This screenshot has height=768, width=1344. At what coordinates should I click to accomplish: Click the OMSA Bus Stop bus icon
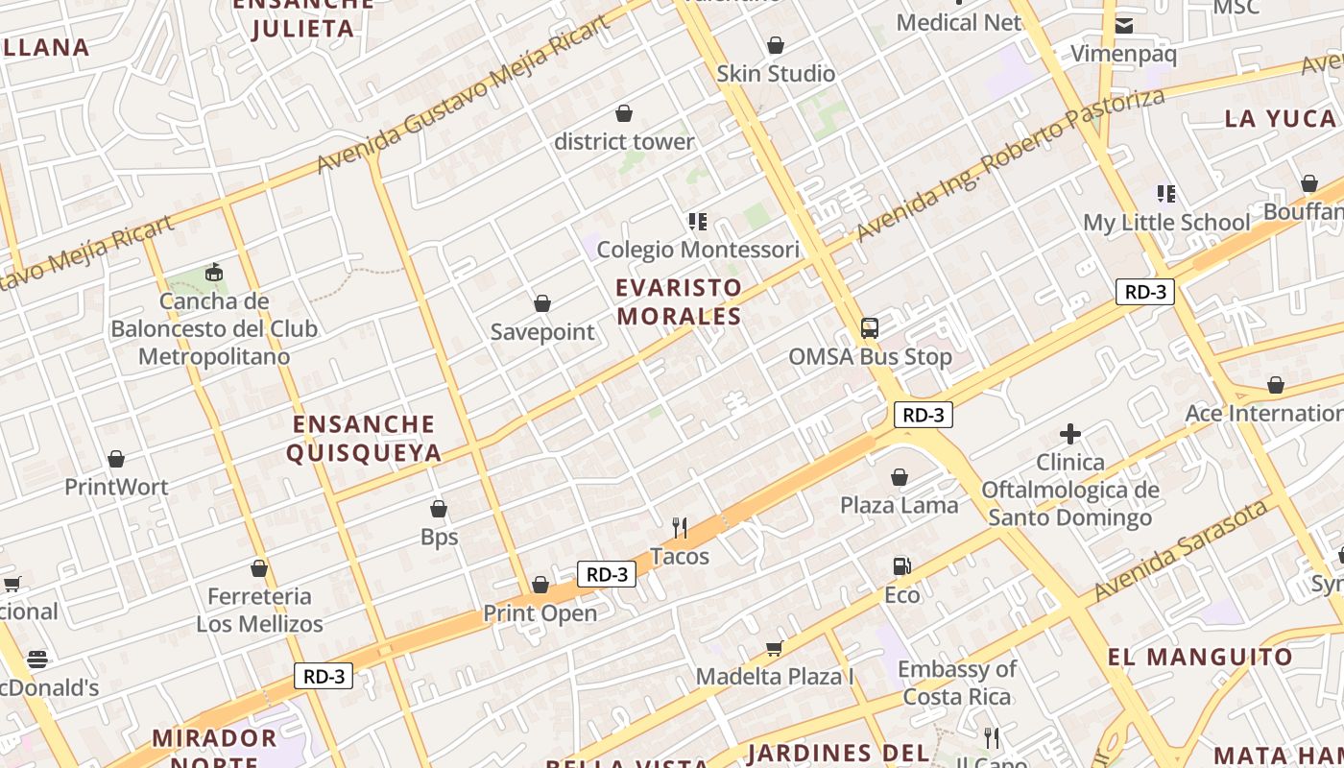coord(869,328)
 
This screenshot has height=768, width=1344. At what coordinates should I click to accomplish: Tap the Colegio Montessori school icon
coord(698,222)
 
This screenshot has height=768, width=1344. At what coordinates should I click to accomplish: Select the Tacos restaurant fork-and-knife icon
coord(680,527)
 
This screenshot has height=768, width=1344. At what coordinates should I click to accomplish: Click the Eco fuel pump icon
coord(901,566)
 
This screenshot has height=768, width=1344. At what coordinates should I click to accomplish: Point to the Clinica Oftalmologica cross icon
coord(1070,434)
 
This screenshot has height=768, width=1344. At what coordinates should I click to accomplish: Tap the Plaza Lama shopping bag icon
coord(900,477)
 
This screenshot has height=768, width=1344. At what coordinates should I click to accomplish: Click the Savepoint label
coord(542,332)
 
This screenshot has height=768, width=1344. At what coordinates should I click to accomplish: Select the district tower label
coord(624,142)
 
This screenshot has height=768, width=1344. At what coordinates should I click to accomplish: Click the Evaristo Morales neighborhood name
coord(679,301)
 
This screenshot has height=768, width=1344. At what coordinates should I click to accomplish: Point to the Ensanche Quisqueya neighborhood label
coord(364,439)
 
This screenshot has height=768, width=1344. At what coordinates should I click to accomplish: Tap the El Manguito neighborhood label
coord(1200,658)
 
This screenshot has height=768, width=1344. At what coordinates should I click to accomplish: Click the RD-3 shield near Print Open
coord(607,574)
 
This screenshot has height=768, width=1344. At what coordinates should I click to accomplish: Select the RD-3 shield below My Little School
coord(1145,292)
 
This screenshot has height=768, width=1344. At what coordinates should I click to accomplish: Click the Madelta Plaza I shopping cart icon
coord(774,648)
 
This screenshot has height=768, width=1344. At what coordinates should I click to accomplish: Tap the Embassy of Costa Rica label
coord(957,683)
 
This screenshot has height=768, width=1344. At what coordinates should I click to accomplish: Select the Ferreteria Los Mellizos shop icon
coord(259,568)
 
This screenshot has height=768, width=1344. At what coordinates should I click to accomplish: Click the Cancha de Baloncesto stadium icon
coord(213,274)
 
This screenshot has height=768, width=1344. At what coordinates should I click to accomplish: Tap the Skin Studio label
coord(776,74)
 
